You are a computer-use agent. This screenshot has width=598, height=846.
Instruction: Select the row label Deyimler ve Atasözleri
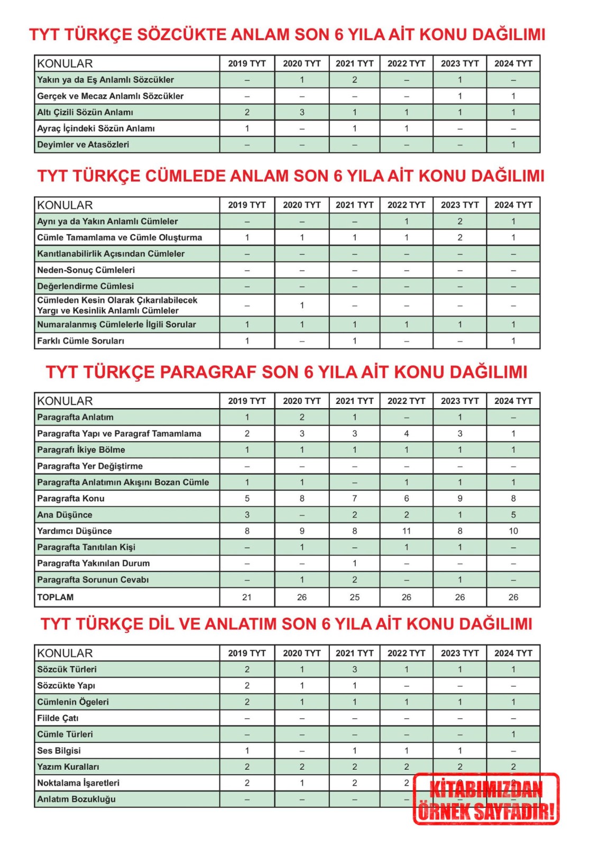coord(83,145)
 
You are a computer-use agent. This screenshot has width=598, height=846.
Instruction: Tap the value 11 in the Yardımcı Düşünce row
coord(406,531)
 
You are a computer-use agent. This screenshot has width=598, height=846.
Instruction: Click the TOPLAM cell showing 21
coord(247,597)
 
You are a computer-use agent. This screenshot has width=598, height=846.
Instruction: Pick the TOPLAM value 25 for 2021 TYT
coord(354,597)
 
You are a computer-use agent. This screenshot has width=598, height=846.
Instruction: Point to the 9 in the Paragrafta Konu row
coord(460,499)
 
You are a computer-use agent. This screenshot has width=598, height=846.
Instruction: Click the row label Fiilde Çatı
coord(58,718)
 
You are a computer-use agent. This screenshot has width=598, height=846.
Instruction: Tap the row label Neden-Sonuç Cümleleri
coord(86,270)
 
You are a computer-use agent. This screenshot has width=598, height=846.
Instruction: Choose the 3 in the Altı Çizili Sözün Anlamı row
coord(302,113)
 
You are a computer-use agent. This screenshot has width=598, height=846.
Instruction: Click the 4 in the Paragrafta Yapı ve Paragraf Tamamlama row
coord(406,434)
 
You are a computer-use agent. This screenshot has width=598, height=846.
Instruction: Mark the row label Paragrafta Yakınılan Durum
coord(93,564)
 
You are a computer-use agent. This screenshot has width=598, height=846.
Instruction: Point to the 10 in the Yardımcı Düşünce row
coord(513,531)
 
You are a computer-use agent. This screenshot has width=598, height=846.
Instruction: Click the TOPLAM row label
coord(56,597)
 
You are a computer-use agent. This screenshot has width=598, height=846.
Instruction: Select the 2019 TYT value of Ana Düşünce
coord(247,515)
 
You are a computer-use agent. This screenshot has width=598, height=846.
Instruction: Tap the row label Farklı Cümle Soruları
coord(80,341)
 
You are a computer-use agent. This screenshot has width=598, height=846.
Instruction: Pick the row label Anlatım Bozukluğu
coord(76,799)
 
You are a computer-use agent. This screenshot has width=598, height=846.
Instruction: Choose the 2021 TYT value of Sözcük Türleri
coord(354,669)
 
